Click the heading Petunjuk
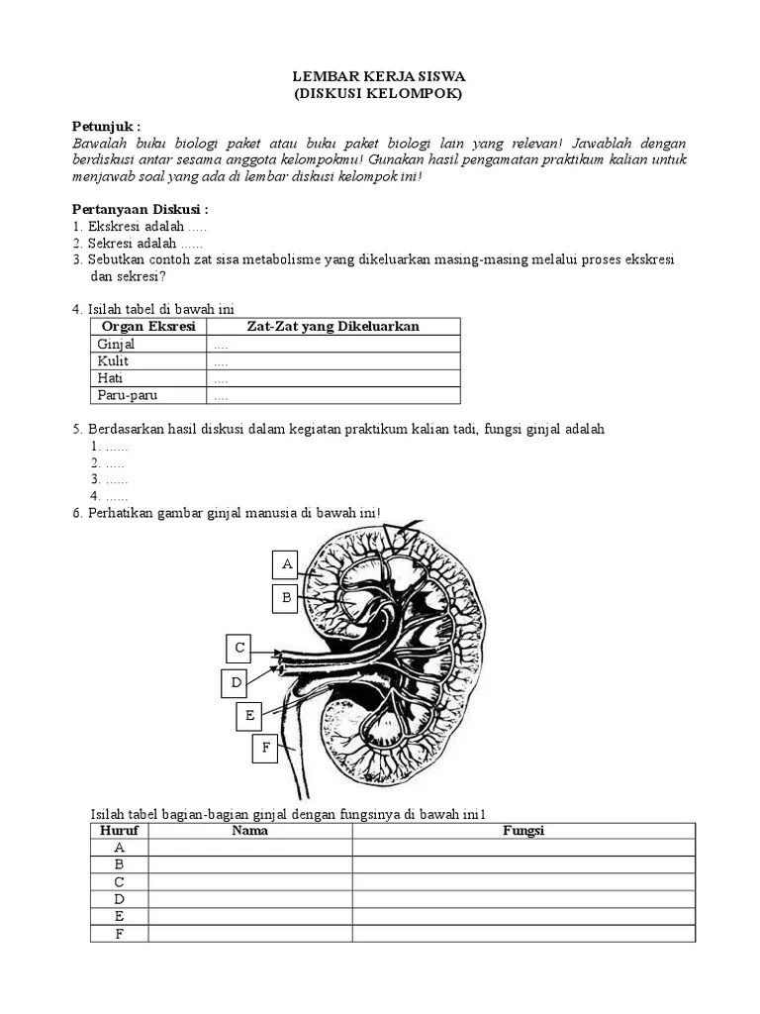[x=107, y=127]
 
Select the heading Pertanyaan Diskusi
[x=141, y=210]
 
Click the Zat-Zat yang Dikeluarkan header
[x=333, y=327]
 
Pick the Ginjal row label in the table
[x=117, y=345]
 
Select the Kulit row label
[x=114, y=361]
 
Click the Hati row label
[x=111, y=378]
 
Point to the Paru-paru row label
[x=128, y=396]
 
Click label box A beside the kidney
[x=287, y=564]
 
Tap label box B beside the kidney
[x=287, y=597]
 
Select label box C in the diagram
[x=238, y=649]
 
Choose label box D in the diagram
[x=237, y=682]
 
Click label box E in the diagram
[x=250, y=715]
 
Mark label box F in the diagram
[x=265, y=749]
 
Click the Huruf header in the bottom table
[x=120, y=831]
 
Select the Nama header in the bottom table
[x=250, y=831]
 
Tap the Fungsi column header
[x=523, y=831]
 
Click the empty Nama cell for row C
[x=250, y=881]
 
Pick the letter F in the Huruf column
[x=120, y=933]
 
